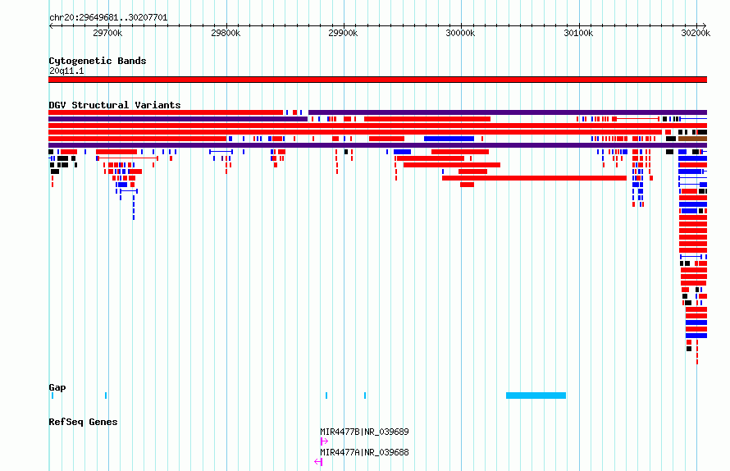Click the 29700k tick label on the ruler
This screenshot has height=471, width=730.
point(107,33)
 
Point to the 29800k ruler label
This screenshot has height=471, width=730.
point(226,33)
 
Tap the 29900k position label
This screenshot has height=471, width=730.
point(343,33)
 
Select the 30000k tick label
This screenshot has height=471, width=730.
point(460,33)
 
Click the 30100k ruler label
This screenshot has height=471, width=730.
point(578,33)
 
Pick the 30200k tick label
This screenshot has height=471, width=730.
point(696,33)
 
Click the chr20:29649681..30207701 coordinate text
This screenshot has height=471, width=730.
point(108,18)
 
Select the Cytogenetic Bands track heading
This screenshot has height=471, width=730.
point(98,61)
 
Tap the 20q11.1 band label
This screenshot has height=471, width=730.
point(66,71)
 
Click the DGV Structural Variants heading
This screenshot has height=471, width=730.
point(115,105)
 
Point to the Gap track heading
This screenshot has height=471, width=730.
point(57,387)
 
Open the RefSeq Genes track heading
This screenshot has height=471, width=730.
point(83,422)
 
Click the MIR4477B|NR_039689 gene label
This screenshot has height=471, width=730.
point(364,432)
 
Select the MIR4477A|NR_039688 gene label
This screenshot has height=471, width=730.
point(364,452)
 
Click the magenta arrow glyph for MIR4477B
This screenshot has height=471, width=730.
point(324,441)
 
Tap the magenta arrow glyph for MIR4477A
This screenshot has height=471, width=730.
point(318,462)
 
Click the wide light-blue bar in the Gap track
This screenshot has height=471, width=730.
point(536,396)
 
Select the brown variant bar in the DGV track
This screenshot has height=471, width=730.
point(693,139)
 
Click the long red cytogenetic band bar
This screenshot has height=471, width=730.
point(377,80)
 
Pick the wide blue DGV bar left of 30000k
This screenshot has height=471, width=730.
point(449,139)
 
